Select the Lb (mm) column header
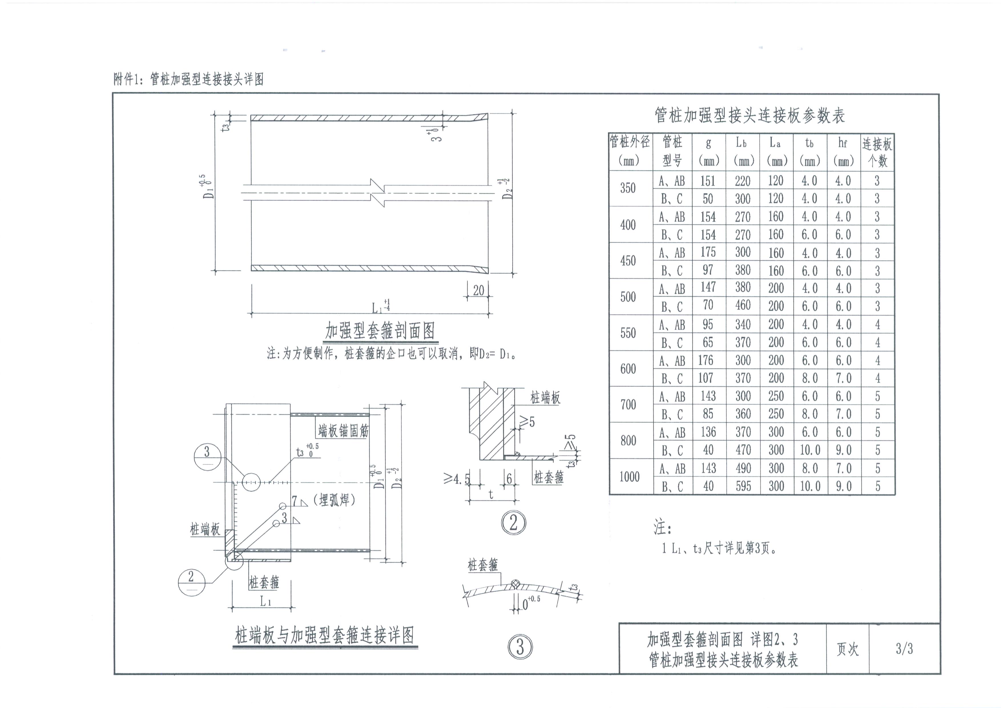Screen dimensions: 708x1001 pyautogui.click(x=742, y=151)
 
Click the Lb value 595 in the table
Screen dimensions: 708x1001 pyautogui.click(x=743, y=486)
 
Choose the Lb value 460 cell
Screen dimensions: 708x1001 pyautogui.click(x=743, y=305)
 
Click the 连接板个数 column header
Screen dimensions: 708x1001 pyautogui.click(x=877, y=151)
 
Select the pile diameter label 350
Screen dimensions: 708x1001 pyautogui.click(x=628, y=188)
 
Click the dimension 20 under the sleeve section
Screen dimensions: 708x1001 pyautogui.click(x=478, y=291)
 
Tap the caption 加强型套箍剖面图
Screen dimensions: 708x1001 pyautogui.click(x=380, y=331)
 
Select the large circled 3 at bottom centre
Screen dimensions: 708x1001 pyautogui.click(x=520, y=647)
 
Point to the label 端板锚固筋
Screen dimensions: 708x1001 pyautogui.click(x=343, y=431)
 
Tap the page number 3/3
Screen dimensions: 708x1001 pyautogui.click(x=904, y=649)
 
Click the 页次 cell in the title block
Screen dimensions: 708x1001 pyautogui.click(x=847, y=649)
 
